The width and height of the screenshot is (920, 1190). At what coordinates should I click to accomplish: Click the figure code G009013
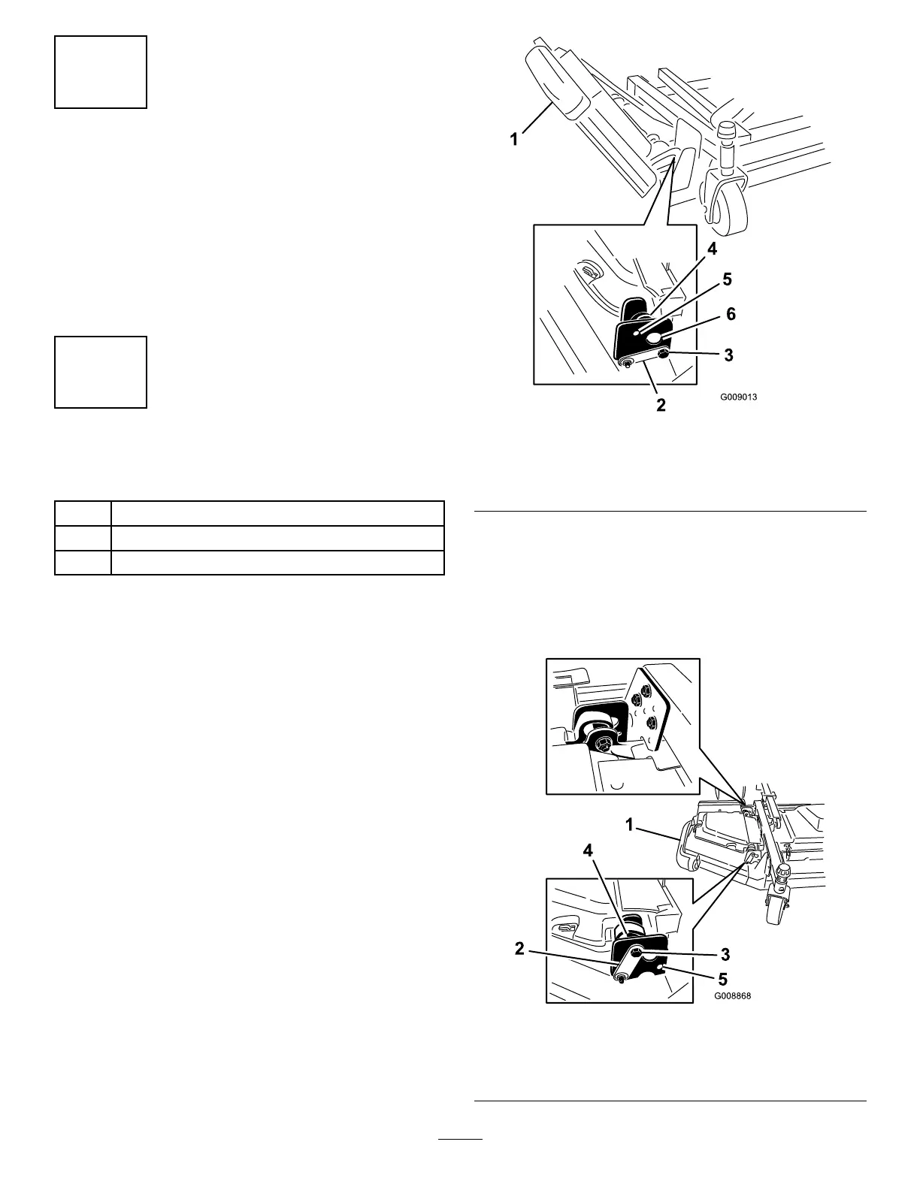[x=737, y=397]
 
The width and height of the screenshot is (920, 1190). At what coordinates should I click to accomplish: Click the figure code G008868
[x=732, y=997]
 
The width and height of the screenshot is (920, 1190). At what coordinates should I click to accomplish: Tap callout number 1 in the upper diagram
[x=514, y=140]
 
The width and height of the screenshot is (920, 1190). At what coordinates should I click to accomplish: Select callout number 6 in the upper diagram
[x=730, y=315]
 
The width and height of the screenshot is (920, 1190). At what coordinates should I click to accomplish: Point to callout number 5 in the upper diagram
[x=726, y=279]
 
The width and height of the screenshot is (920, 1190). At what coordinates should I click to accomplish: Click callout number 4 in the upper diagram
[x=712, y=247]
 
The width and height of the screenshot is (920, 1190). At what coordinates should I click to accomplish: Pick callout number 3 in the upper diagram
[x=728, y=355]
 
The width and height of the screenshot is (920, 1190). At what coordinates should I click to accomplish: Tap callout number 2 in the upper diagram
[x=661, y=405]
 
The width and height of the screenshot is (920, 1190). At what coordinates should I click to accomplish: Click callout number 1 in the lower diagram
[x=631, y=826]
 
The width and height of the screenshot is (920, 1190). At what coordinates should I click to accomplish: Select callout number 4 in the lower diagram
[x=589, y=851]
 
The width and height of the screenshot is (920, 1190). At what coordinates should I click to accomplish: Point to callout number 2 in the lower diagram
[x=519, y=949]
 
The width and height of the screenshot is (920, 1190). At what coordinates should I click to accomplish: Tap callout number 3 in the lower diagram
[x=725, y=954]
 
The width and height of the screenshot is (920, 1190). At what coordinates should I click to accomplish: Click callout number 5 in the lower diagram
[x=722, y=980]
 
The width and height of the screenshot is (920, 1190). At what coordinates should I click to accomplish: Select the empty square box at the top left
[x=101, y=71]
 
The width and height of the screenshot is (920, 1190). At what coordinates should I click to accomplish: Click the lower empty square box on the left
[x=101, y=372]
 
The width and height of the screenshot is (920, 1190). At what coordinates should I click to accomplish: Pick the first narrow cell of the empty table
[x=83, y=514]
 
